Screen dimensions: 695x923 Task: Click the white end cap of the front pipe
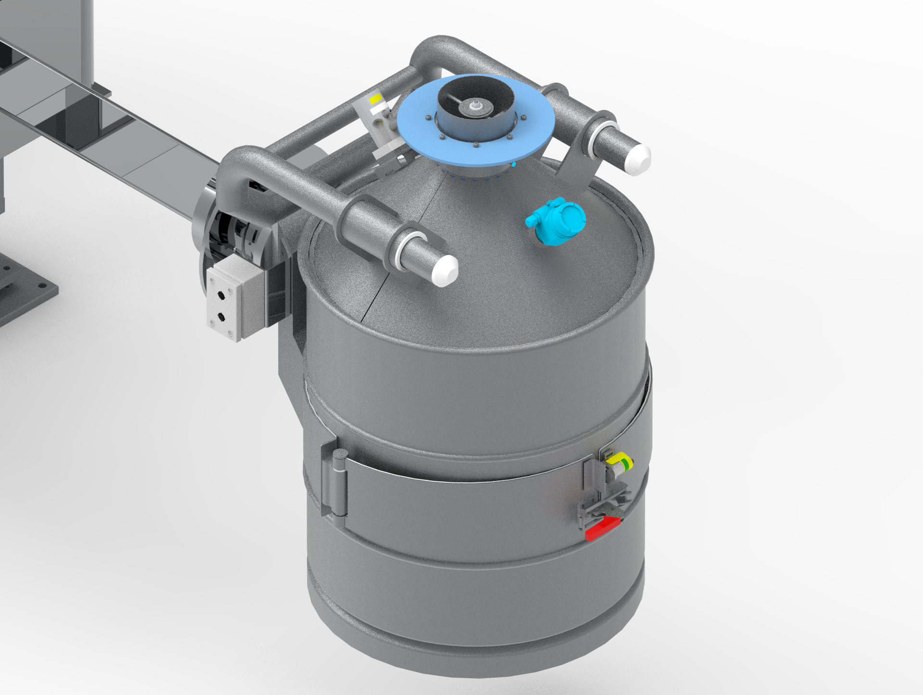click(445, 271)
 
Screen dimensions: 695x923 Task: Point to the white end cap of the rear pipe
click(637, 159)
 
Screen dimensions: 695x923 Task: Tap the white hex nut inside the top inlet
click(476, 105)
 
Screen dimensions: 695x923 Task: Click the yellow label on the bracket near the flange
click(375, 98)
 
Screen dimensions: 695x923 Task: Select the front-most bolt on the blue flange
click(475, 145)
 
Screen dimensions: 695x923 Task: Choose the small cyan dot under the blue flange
click(514, 165)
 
